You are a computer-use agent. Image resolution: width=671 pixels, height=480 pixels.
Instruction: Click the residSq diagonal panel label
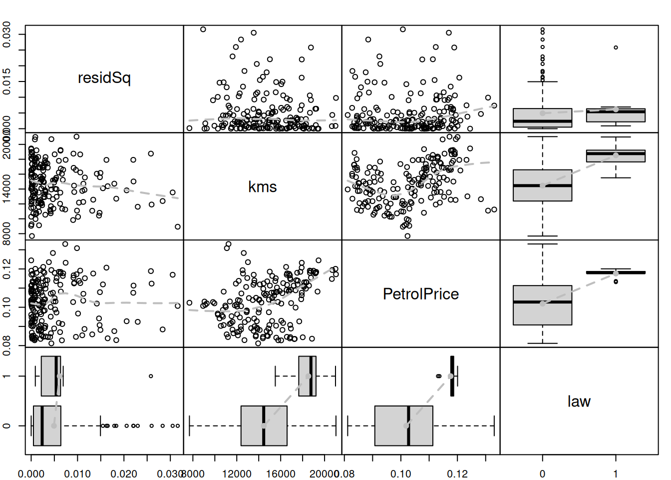coord(104,78)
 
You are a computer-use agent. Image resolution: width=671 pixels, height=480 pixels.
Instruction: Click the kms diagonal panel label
coord(263,187)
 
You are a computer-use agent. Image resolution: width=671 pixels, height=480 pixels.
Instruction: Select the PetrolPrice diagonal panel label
coord(421,294)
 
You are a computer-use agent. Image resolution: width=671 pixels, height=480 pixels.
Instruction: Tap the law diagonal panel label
coord(579,401)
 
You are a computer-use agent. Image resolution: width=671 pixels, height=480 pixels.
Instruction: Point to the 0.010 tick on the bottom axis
coord(77,473)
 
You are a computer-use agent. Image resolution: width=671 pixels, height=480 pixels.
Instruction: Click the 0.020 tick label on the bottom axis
coord(124,473)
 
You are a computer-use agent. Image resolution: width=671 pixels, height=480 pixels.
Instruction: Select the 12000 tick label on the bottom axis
coord(237,473)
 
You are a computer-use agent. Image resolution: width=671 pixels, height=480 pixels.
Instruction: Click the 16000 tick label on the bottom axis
coord(281,473)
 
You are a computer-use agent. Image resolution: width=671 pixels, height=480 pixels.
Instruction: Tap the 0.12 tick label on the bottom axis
coord(457,473)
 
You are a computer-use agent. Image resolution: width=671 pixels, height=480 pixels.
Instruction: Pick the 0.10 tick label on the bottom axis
coord(401,473)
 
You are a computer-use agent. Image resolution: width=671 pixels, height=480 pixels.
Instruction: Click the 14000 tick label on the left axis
coord(7,189)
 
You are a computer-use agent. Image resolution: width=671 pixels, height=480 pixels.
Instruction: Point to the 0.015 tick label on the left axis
coord(7,81)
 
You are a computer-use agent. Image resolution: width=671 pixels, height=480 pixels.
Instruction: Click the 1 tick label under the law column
coord(616,473)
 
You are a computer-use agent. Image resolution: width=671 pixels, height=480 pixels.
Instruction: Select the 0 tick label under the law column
coord(543,473)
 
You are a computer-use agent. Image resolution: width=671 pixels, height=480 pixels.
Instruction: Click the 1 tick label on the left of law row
coord(7,376)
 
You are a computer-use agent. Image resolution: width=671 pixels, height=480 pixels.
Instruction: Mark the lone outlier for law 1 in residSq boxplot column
coord(616,47)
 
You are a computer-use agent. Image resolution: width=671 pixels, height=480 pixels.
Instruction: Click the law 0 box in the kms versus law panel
coord(543,185)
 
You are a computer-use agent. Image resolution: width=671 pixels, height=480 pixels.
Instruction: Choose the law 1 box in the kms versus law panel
coord(616,155)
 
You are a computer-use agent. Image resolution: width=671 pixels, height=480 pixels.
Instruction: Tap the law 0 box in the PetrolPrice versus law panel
coord(543,305)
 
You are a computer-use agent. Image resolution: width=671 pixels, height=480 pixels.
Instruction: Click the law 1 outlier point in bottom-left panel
coord(151,376)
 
